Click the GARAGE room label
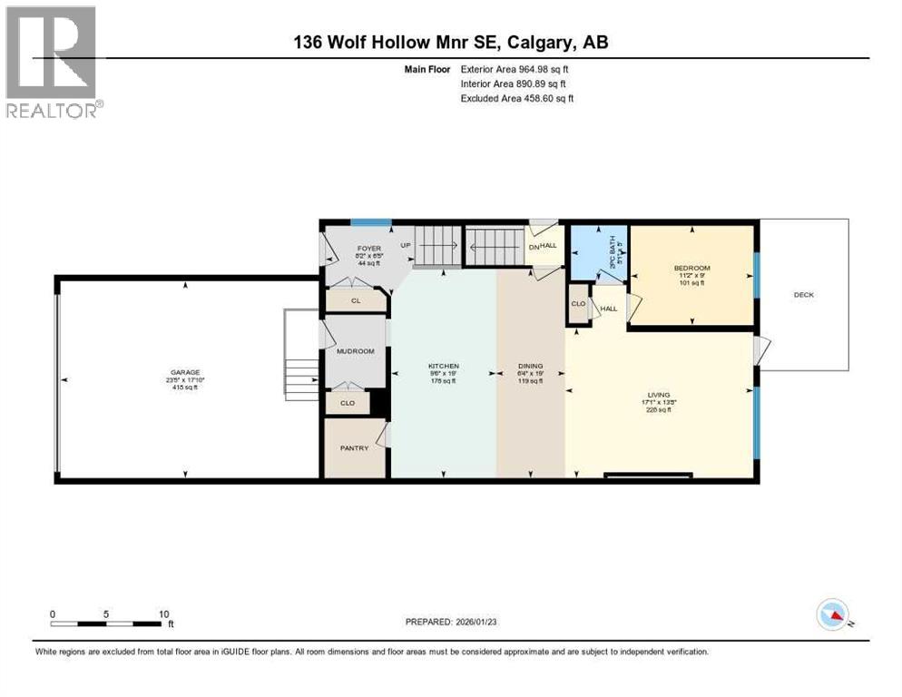(x=184, y=372)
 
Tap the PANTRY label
(x=354, y=447)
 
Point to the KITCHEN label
(x=444, y=366)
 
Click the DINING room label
(x=529, y=366)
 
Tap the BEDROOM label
(x=691, y=268)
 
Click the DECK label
(x=804, y=294)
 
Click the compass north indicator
(x=833, y=616)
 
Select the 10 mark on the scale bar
(x=164, y=614)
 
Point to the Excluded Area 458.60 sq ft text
(x=516, y=98)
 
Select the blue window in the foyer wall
(x=371, y=222)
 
